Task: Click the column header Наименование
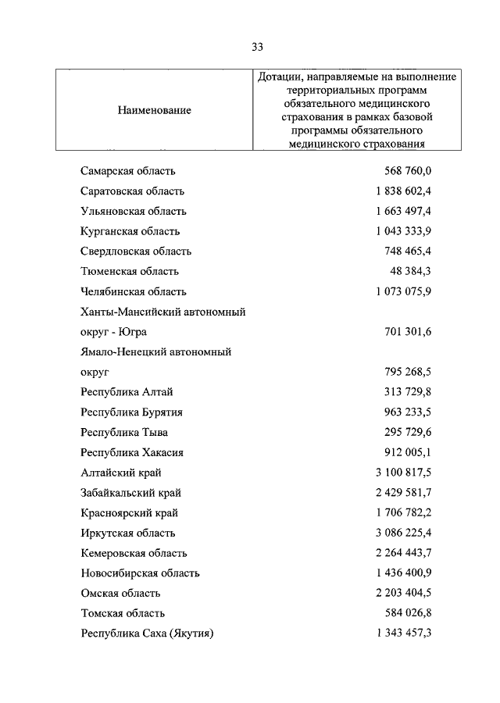click(x=155, y=110)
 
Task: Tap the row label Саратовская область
click(x=132, y=191)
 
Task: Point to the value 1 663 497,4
click(x=403, y=211)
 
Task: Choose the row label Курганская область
click(x=130, y=231)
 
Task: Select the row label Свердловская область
click(x=135, y=252)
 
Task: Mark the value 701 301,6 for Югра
click(x=409, y=332)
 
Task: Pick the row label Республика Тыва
click(x=123, y=432)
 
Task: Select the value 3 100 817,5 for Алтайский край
click(x=403, y=473)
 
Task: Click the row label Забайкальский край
click(x=130, y=493)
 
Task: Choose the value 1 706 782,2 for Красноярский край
click(x=403, y=513)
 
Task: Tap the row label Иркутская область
click(x=127, y=533)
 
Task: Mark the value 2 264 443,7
click(x=403, y=553)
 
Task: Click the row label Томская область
click(x=122, y=613)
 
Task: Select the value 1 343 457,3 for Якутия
click(x=403, y=633)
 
